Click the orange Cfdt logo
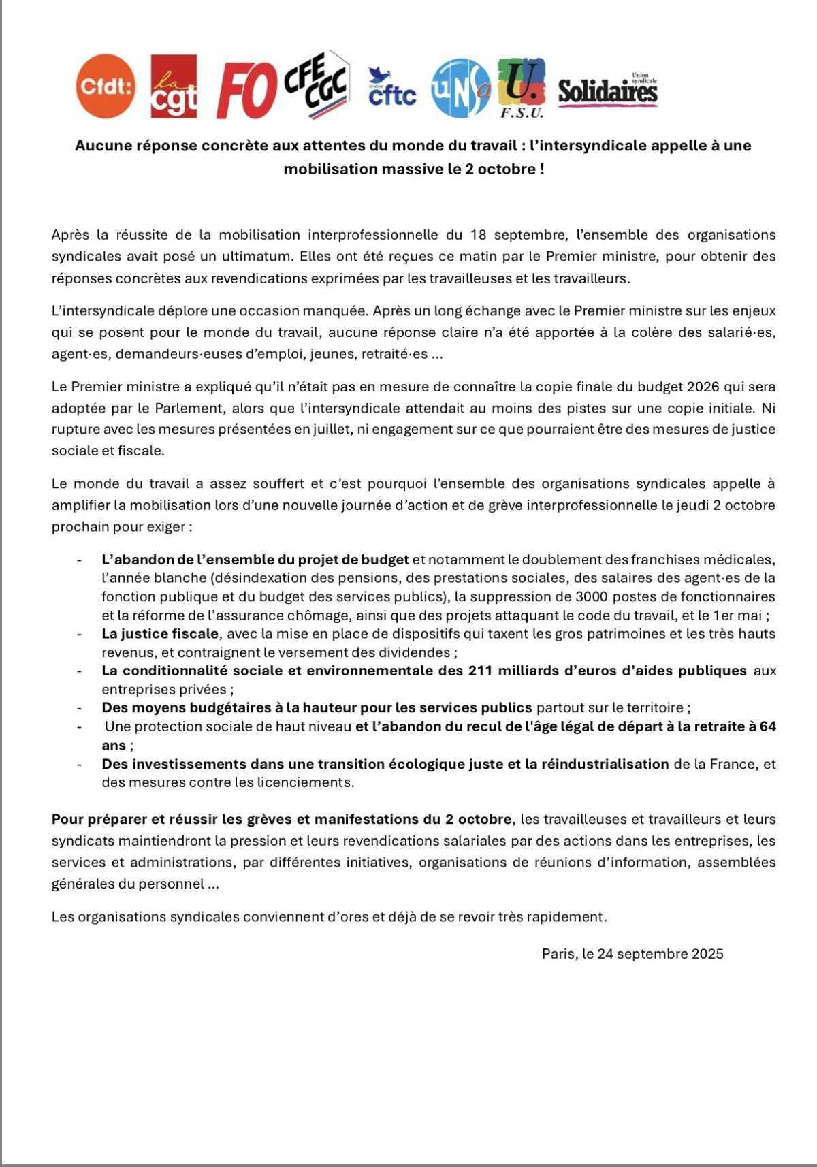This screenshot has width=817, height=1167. point(106,86)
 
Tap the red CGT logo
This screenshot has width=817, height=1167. point(174,86)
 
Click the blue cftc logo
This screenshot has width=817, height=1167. point(391,89)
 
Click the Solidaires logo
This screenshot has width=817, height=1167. point(607,91)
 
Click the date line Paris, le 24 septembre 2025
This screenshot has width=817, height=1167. point(632,954)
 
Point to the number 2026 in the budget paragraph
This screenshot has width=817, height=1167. point(707,387)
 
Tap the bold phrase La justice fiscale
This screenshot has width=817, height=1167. point(160,634)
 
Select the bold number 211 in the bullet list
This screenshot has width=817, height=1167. point(481,671)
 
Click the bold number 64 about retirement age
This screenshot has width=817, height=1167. point(768,726)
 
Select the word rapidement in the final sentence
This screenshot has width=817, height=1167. point(571,917)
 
